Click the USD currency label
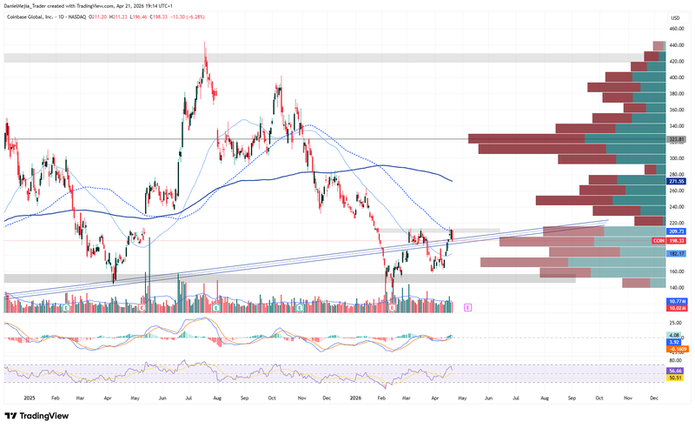pos(675,17)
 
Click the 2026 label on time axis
pos(355,397)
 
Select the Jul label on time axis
pos(189,397)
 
